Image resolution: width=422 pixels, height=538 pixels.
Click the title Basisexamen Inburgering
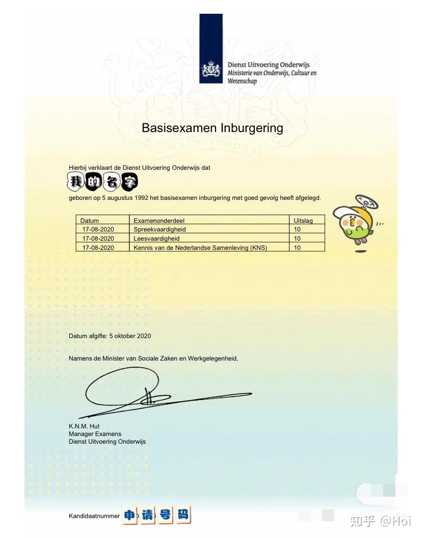(x=212, y=127)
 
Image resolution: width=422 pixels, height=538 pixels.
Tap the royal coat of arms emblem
(x=211, y=69)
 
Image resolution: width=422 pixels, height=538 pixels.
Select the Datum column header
(x=90, y=221)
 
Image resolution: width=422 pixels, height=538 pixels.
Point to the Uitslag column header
(x=303, y=221)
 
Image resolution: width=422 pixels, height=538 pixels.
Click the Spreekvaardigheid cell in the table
(x=160, y=229)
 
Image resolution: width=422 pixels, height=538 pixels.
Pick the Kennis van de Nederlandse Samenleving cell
(x=200, y=247)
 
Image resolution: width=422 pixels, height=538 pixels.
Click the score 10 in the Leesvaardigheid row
(x=297, y=238)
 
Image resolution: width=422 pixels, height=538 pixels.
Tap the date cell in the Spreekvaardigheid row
(x=98, y=229)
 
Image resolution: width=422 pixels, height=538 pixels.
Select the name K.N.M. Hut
(x=84, y=426)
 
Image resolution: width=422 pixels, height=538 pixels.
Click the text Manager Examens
(x=95, y=434)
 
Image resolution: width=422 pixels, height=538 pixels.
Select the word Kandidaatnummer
(x=94, y=516)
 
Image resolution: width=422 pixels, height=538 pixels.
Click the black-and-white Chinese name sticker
(x=103, y=181)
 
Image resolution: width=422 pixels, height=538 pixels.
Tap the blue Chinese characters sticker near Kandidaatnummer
(x=156, y=515)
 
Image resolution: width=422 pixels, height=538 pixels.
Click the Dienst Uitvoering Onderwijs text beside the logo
(x=268, y=65)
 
